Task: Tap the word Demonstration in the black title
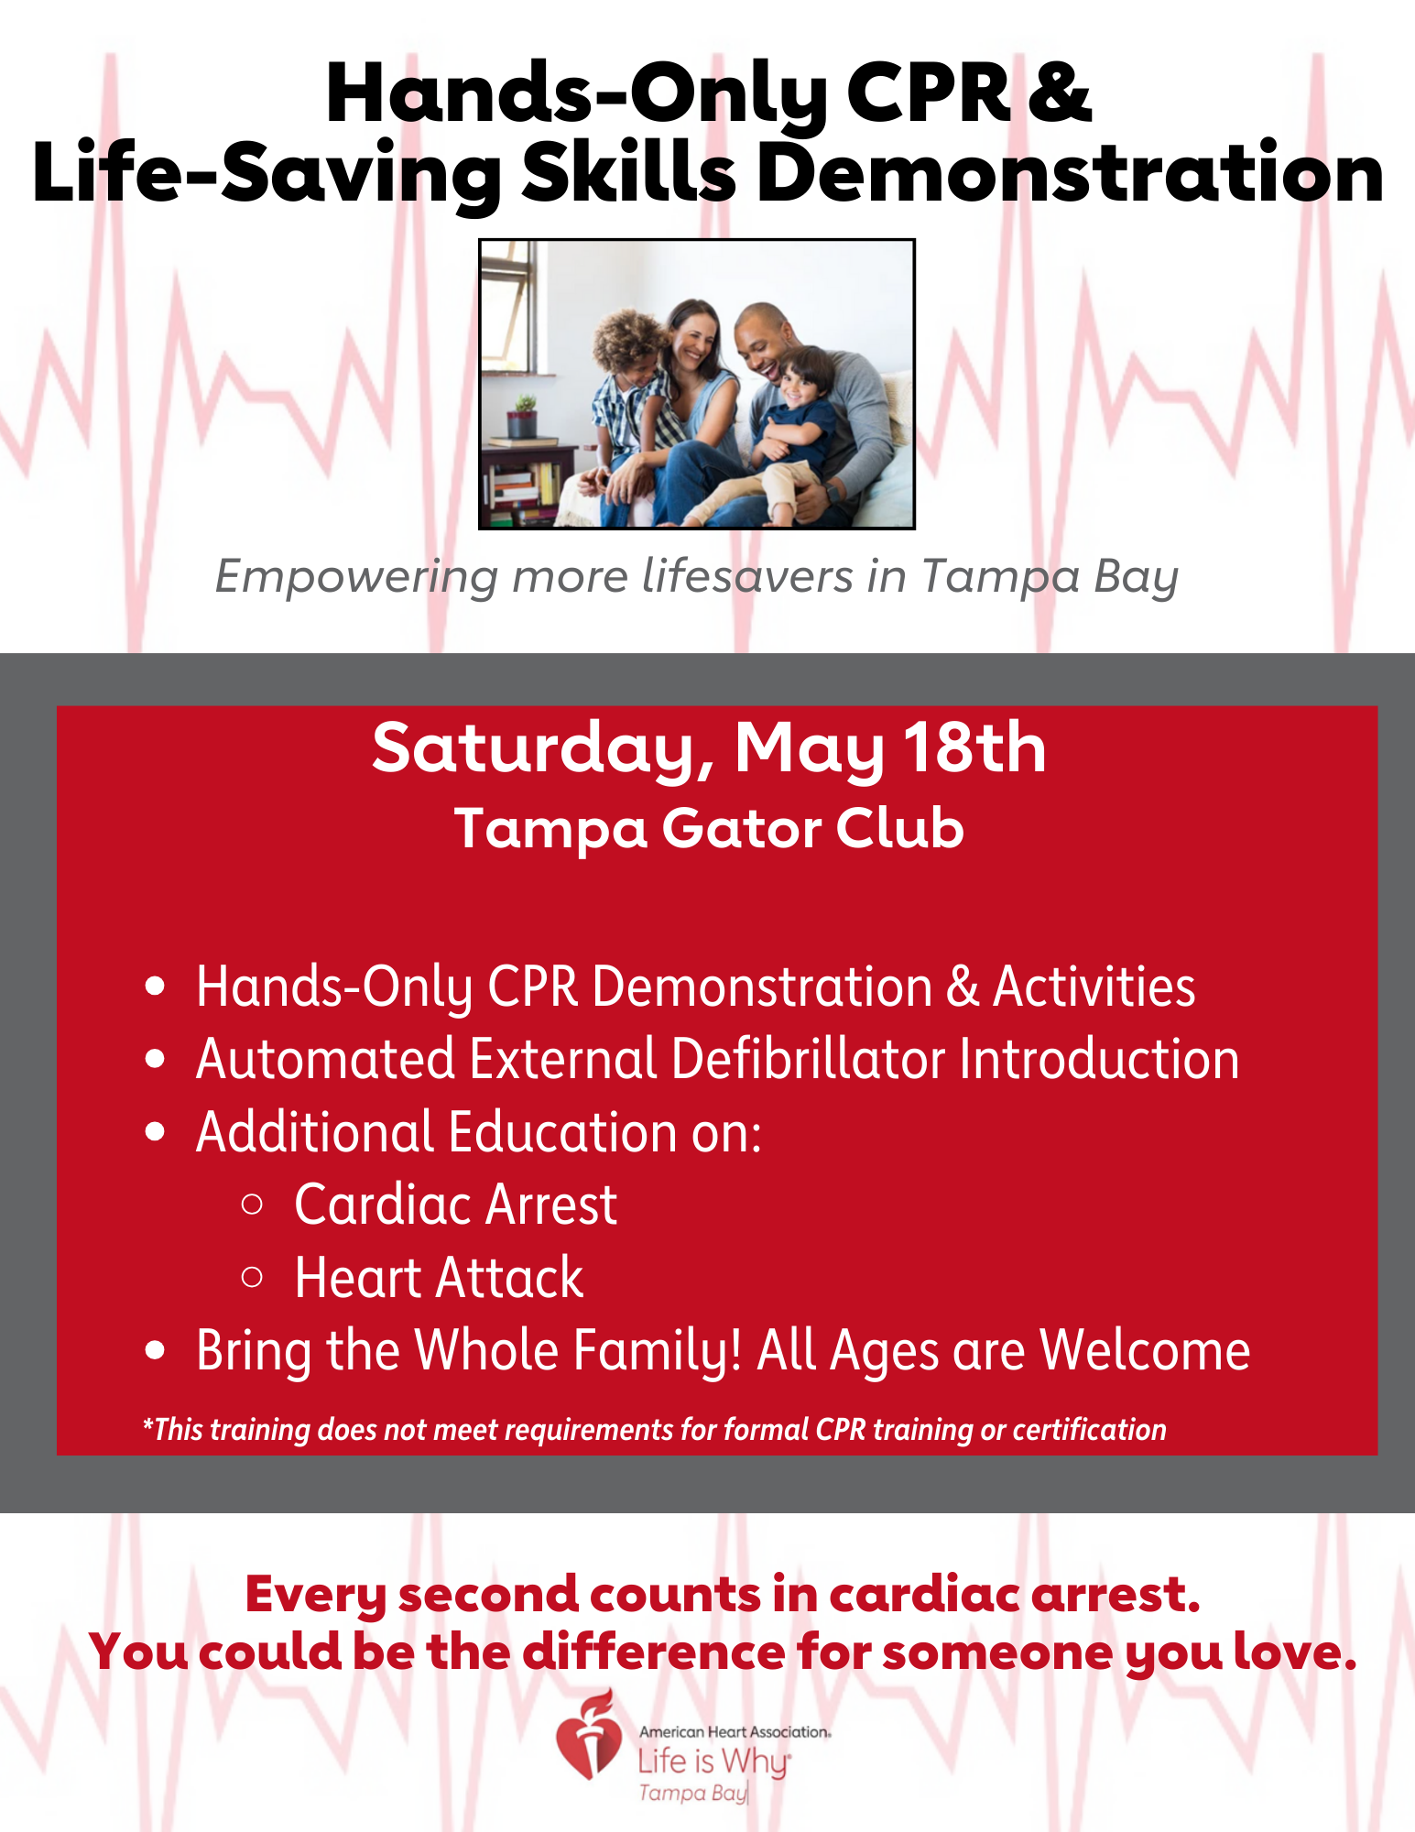point(1071,174)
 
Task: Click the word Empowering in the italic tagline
point(356,577)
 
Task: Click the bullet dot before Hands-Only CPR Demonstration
point(155,987)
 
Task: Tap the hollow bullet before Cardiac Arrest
point(252,1204)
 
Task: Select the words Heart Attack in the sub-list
point(439,1278)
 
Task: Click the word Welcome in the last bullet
point(1145,1351)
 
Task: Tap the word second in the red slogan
point(488,1595)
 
